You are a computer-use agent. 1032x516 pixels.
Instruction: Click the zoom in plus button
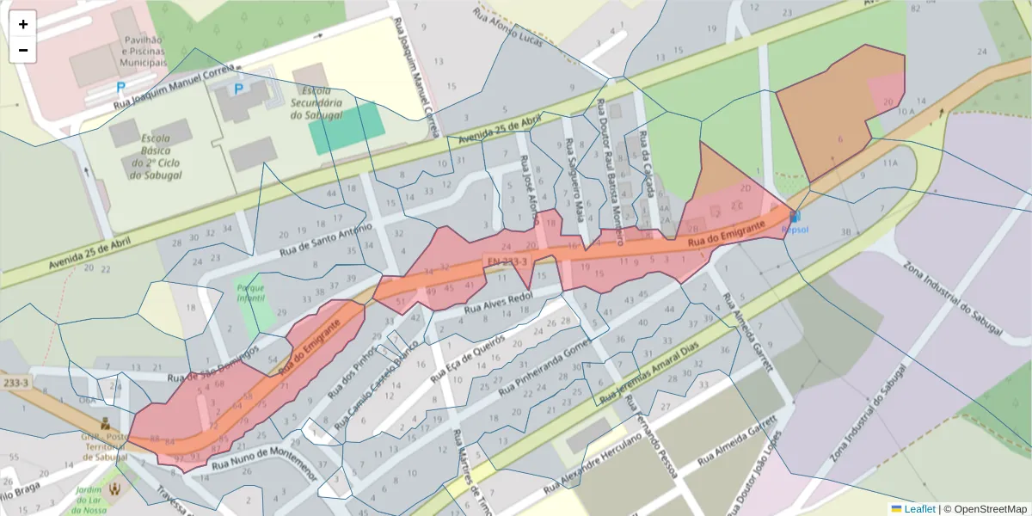click(x=23, y=24)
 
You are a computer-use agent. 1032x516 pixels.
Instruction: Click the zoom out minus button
click(x=23, y=50)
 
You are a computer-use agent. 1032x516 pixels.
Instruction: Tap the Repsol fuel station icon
click(x=795, y=217)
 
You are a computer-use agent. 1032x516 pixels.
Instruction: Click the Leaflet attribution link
click(x=919, y=509)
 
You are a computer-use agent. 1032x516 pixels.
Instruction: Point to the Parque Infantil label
click(x=250, y=292)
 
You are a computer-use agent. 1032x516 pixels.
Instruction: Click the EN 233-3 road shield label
click(x=506, y=259)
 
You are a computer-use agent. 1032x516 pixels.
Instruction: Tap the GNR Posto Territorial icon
click(x=105, y=423)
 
